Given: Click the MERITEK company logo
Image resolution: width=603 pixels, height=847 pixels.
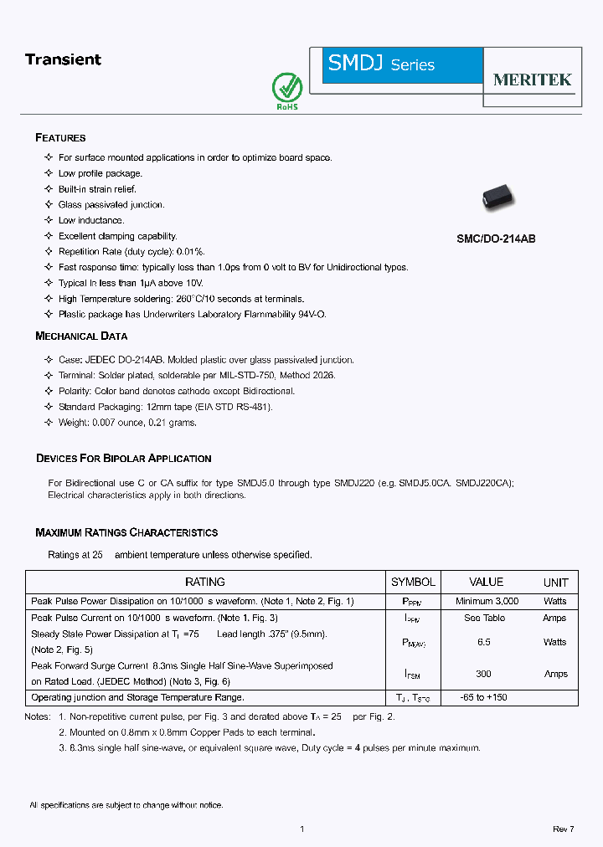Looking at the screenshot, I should pos(532,80).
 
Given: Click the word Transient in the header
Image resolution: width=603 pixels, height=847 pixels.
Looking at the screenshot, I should pos(63,59).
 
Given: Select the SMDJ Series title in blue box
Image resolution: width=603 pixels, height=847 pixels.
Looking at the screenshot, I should pos(381,64).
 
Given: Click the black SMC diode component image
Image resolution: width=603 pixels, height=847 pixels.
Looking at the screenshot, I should pos(499,198).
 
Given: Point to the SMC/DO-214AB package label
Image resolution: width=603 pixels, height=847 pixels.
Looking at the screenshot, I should pos(496,239).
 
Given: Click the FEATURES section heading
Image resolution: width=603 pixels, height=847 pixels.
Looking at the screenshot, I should pos(60,138).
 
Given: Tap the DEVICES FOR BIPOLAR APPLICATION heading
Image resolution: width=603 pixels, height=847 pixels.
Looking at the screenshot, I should pos(123,459).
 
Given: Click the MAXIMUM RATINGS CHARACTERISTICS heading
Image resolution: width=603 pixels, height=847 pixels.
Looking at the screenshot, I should pos(126,532).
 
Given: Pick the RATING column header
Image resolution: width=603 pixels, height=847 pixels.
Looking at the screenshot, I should pos(204,582).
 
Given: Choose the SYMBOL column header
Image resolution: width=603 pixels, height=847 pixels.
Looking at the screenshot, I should pos(413,582).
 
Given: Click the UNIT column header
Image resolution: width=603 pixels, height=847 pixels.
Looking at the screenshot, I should pos(555,583).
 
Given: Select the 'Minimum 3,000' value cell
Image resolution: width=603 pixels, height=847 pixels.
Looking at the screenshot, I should pos(487,601).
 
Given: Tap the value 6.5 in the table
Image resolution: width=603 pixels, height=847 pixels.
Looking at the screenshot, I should pos(484,642).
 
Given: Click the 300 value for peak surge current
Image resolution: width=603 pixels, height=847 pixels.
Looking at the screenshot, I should pos(483,674).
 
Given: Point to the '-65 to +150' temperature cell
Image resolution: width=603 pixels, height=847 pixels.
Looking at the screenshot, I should pos(484,697).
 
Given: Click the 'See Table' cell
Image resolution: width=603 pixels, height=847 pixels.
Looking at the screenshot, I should pos(484,618).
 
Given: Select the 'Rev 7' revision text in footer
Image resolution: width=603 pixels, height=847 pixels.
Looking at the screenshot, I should pos(563,829).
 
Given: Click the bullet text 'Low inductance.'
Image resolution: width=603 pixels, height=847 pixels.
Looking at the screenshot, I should pos(91,221).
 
